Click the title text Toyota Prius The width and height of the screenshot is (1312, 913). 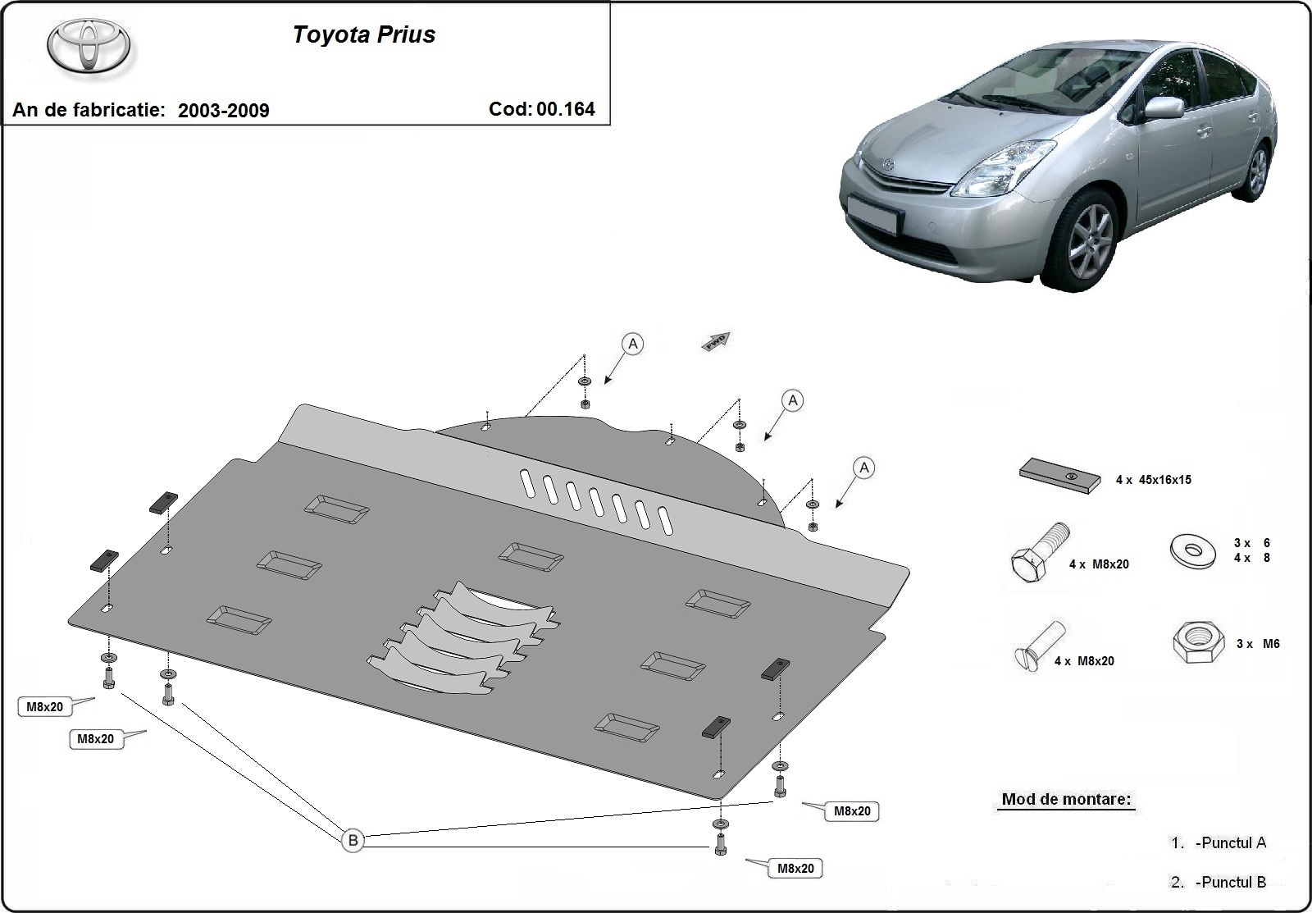(x=364, y=34)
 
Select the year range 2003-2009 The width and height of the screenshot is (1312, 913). (x=223, y=111)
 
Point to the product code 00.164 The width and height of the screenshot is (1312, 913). (x=566, y=109)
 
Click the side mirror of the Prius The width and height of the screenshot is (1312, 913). (x=1164, y=107)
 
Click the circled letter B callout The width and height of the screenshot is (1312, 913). (x=353, y=840)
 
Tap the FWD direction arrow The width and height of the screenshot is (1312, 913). (x=716, y=341)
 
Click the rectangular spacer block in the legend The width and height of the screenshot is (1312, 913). (x=1059, y=477)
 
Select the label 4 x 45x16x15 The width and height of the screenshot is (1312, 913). (x=1153, y=480)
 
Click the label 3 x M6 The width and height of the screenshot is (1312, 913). (x=1258, y=644)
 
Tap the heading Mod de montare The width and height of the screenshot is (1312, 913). (x=1066, y=799)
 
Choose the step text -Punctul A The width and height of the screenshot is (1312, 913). (x=1232, y=842)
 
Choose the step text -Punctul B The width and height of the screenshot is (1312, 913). (x=1232, y=883)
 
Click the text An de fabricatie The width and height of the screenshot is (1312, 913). (x=89, y=110)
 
